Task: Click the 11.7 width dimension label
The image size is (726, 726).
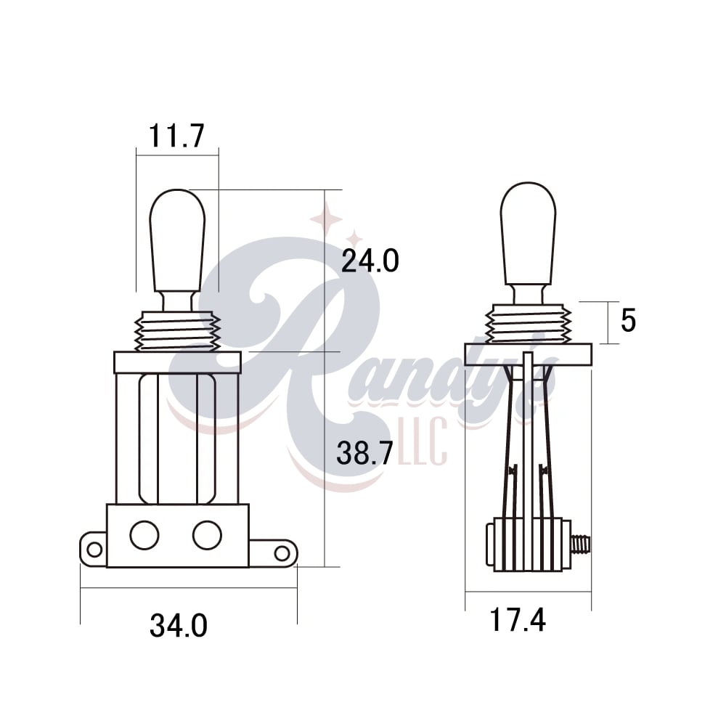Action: tap(176, 136)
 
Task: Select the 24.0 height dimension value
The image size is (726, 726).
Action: tap(370, 261)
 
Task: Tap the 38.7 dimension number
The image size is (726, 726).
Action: tap(364, 454)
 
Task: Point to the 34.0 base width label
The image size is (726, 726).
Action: tap(179, 625)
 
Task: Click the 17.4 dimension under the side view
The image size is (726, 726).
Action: tap(517, 621)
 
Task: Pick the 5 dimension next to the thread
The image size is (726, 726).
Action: tap(628, 320)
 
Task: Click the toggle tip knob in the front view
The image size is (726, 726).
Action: tap(177, 240)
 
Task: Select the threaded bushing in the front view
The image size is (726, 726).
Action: tap(177, 333)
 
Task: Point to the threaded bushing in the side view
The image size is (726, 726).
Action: tap(528, 324)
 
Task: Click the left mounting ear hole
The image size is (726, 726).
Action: tap(94, 549)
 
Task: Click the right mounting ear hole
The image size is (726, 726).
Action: tap(282, 553)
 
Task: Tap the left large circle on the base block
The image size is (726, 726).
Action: tap(144, 535)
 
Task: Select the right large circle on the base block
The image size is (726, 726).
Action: tap(206, 535)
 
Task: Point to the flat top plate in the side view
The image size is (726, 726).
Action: tap(528, 354)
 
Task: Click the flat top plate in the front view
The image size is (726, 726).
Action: tap(177, 362)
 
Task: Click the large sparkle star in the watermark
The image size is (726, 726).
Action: tap(326, 219)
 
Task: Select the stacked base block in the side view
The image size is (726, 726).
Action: tap(528, 544)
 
